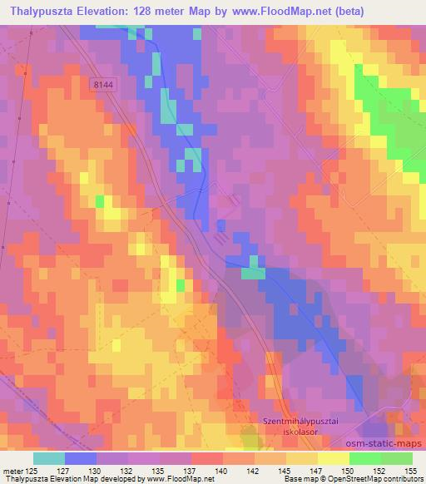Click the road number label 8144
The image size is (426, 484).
(x=104, y=84)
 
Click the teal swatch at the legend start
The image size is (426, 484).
(x=48, y=458)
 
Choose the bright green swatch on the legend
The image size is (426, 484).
(x=397, y=458)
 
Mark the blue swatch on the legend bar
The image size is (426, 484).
(x=80, y=458)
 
